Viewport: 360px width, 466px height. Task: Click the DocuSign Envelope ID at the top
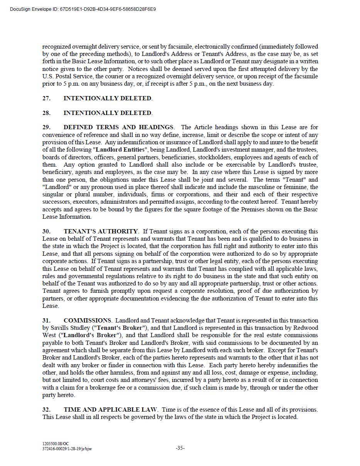[83, 9]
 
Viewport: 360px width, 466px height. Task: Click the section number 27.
[46, 98]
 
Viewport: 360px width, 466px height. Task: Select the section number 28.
[46, 113]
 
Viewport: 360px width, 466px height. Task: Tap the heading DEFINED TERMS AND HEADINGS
[118, 127]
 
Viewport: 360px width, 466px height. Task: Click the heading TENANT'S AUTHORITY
[101, 231]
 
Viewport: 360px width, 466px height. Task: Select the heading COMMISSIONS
[87, 321]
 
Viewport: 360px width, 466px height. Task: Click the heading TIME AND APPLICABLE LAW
[110, 410]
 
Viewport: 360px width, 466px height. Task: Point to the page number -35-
[180, 448]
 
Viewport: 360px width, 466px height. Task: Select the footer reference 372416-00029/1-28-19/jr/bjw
[67, 449]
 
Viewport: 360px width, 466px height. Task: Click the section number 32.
[46, 410]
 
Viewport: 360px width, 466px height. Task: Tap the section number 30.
[46, 231]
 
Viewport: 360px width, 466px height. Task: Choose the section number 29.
[46, 127]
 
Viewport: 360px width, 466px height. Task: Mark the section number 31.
[46, 321]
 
